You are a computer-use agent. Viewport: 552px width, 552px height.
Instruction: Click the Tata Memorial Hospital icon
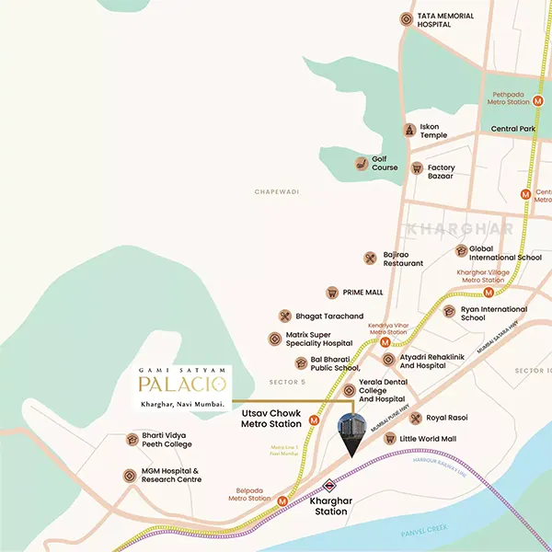tap(406, 18)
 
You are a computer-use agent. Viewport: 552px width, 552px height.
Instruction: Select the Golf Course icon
tap(362, 164)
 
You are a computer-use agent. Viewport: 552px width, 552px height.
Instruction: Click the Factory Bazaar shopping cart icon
tap(416, 168)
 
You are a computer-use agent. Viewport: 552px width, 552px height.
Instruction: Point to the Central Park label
tap(512, 129)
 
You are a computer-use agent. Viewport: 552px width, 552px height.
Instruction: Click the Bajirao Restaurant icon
tap(370, 259)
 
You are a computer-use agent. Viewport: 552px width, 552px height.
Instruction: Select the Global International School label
tap(505, 253)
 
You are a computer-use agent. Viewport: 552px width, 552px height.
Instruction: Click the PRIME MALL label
tap(362, 292)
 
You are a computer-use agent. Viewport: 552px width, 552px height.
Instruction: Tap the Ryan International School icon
tap(449, 312)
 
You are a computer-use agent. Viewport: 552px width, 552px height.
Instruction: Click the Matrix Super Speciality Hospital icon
tap(274, 339)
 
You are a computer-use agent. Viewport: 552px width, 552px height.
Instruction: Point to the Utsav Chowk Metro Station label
tap(271, 420)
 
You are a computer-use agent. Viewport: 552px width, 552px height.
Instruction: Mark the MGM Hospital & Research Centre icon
tap(128, 476)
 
